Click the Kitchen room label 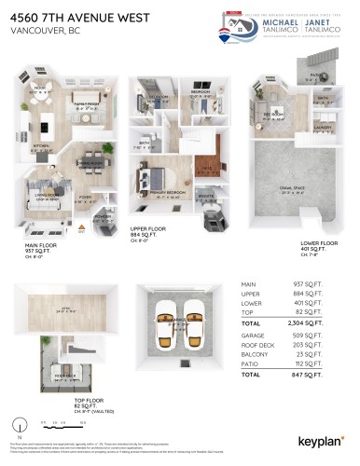[x=40, y=146]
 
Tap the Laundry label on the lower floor [x=324, y=128]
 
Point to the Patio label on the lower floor [x=315, y=76]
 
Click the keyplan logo [x=322, y=441]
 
